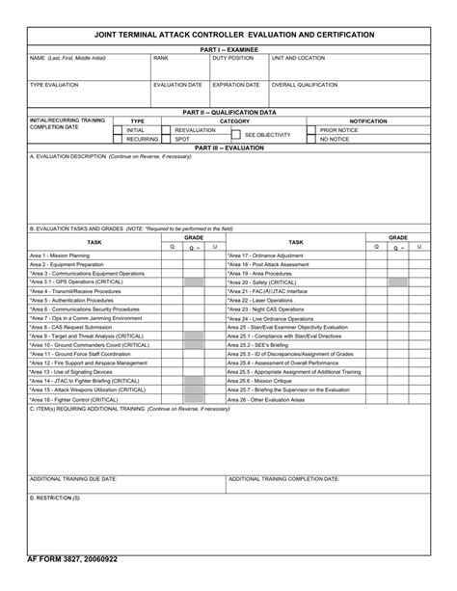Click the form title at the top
pyautogui.click(x=228, y=34)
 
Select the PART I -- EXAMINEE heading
pyautogui.click(x=228, y=48)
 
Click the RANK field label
pyautogui.click(x=161, y=58)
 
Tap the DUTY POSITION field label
pyautogui.click(x=232, y=58)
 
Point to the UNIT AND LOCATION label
pyautogui.click(x=298, y=58)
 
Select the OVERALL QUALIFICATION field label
pyautogui.click(x=305, y=85)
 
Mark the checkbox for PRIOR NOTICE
pyautogui.click(x=312, y=130)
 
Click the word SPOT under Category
pyautogui.click(x=182, y=139)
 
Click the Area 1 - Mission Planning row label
pyautogui.click(x=60, y=255)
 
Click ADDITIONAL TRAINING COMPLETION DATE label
pyautogui.click(x=283, y=478)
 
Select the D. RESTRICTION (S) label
pyautogui.click(x=55, y=497)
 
